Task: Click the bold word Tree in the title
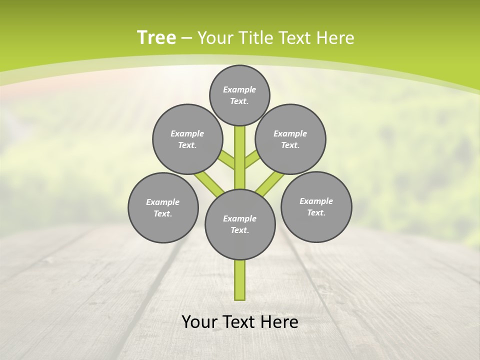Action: click(x=156, y=38)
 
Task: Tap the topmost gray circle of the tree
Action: click(x=239, y=95)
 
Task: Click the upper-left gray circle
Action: click(x=187, y=139)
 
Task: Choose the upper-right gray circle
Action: click(x=290, y=139)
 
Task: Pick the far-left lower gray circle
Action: click(x=163, y=207)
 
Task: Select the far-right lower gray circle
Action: click(x=316, y=206)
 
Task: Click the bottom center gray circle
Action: click(x=240, y=224)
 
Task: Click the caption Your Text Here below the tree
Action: click(x=240, y=322)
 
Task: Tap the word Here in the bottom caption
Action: click(x=280, y=322)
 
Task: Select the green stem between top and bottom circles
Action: click(x=240, y=157)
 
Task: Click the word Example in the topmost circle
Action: click(x=239, y=89)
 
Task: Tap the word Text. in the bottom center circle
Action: click(x=240, y=230)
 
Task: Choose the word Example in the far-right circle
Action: click(x=316, y=201)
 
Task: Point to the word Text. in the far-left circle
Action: click(x=163, y=214)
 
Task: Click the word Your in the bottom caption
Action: click(x=198, y=322)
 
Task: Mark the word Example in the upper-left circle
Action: click(x=187, y=133)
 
